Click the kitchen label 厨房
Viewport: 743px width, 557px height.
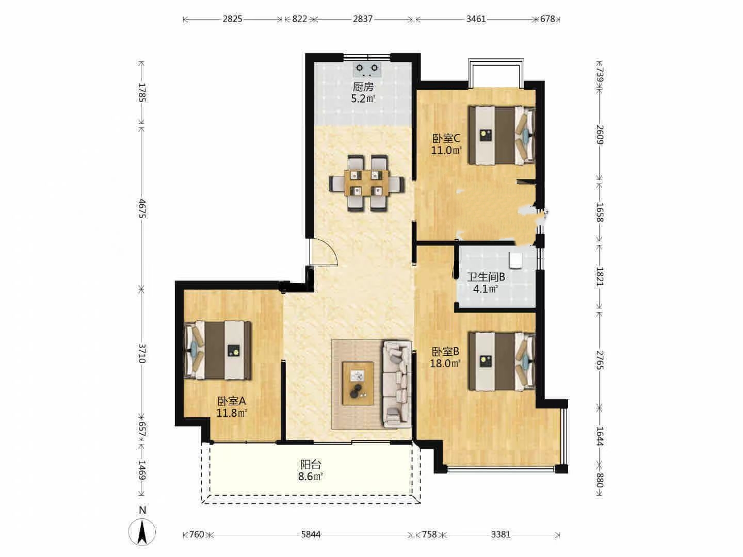[363, 87]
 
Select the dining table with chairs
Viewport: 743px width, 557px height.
[366, 183]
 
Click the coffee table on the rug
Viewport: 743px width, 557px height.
[358, 383]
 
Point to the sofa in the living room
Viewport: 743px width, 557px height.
[397, 384]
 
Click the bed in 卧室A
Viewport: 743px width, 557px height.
[218, 350]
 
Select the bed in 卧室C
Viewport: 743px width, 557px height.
[502, 135]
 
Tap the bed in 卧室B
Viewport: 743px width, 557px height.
[502, 361]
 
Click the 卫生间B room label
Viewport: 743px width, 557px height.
[486, 277]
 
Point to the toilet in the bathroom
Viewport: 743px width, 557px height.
[516, 261]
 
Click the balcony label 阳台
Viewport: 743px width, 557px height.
[311, 464]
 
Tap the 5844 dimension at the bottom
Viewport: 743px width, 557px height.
[311, 535]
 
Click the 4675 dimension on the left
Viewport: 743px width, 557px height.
[142, 208]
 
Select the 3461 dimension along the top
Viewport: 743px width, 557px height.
[476, 19]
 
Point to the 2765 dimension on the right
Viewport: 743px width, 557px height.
[600, 361]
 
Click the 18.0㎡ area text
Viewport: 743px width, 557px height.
[445, 364]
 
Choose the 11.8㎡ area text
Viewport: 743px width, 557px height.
[232, 413]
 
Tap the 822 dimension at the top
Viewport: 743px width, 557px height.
[299, 19]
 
